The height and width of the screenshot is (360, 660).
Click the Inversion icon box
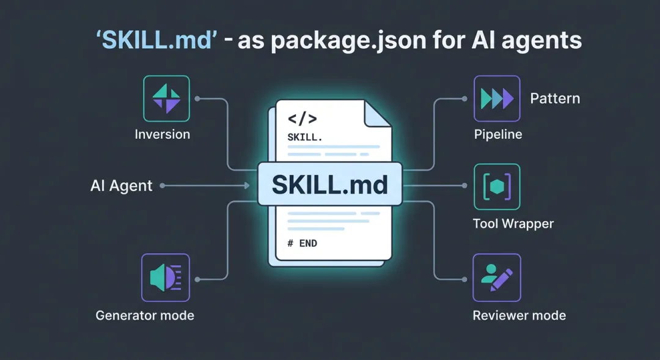click(166, 98)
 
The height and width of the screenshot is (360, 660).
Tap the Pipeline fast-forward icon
click(496, 98)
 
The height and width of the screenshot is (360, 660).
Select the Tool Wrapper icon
click(496, 186)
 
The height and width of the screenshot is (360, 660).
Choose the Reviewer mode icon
click(496, 277)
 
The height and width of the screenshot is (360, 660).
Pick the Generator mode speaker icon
click(165, 277)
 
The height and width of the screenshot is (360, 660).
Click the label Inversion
click(163, 134)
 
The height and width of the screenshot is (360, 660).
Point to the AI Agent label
click(121, 186)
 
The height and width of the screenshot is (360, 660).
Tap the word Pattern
click(555, 98)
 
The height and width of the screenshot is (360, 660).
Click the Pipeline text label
click(498, 134)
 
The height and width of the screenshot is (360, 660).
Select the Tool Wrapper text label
click(513, 224)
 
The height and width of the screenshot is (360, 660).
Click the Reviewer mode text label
click(519, 315)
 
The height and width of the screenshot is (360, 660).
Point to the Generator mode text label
click(145, 315)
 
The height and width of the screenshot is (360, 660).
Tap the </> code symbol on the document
click(302, 118)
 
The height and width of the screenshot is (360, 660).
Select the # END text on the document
click(302, 243)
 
